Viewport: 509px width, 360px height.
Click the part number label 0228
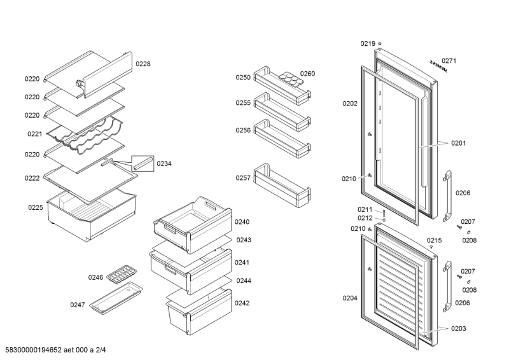click(x=143, y=64)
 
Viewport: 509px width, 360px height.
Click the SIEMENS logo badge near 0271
click(x=438, y=67)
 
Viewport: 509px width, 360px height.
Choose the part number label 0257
click(x=242, y=178)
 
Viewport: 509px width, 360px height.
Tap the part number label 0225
click(x=35, y=207)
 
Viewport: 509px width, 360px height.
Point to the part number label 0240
click(x=242, y=222)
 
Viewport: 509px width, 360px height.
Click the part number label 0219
click(x=368, y=43)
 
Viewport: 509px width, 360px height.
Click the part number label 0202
click(x=350, y=103)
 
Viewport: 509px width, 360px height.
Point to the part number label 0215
click(x=434, y=240)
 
